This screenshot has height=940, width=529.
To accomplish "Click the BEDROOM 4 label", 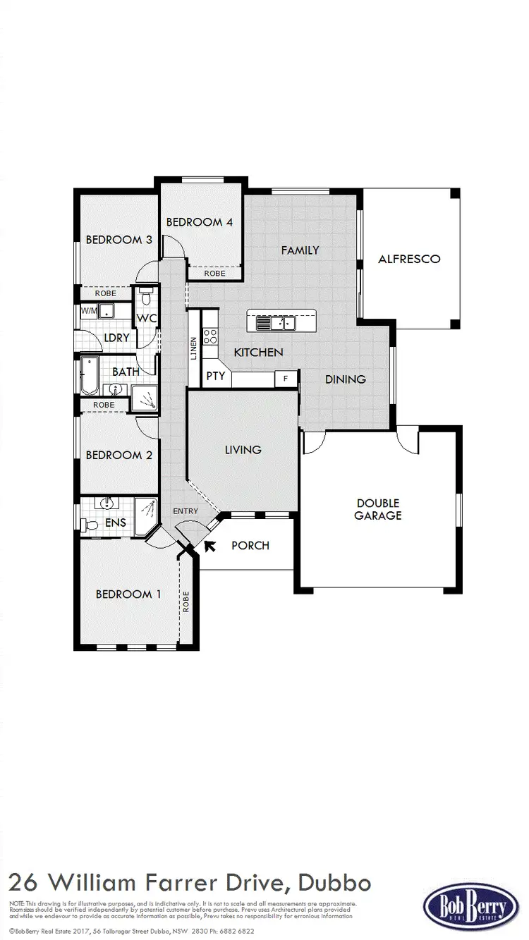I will [200, 222].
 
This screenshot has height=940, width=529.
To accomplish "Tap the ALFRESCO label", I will [409, 259].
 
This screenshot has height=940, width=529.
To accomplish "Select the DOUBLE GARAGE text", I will [378, 509].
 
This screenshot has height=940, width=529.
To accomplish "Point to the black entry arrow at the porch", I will [209, 544].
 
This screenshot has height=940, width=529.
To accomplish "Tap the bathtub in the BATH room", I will [89, 375].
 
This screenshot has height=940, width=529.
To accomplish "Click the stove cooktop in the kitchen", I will [210, 336].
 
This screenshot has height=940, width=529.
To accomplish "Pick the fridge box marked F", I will [285, 378].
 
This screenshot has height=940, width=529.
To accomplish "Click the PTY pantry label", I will [216, 376].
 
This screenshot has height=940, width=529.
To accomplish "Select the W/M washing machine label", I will [89, 310].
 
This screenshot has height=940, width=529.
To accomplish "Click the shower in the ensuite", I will [145, 509].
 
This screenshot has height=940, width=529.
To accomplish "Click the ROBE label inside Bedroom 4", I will [214, 273].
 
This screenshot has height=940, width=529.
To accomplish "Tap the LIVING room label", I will [243, 449].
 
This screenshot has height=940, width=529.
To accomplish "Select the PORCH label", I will [250, 545].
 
